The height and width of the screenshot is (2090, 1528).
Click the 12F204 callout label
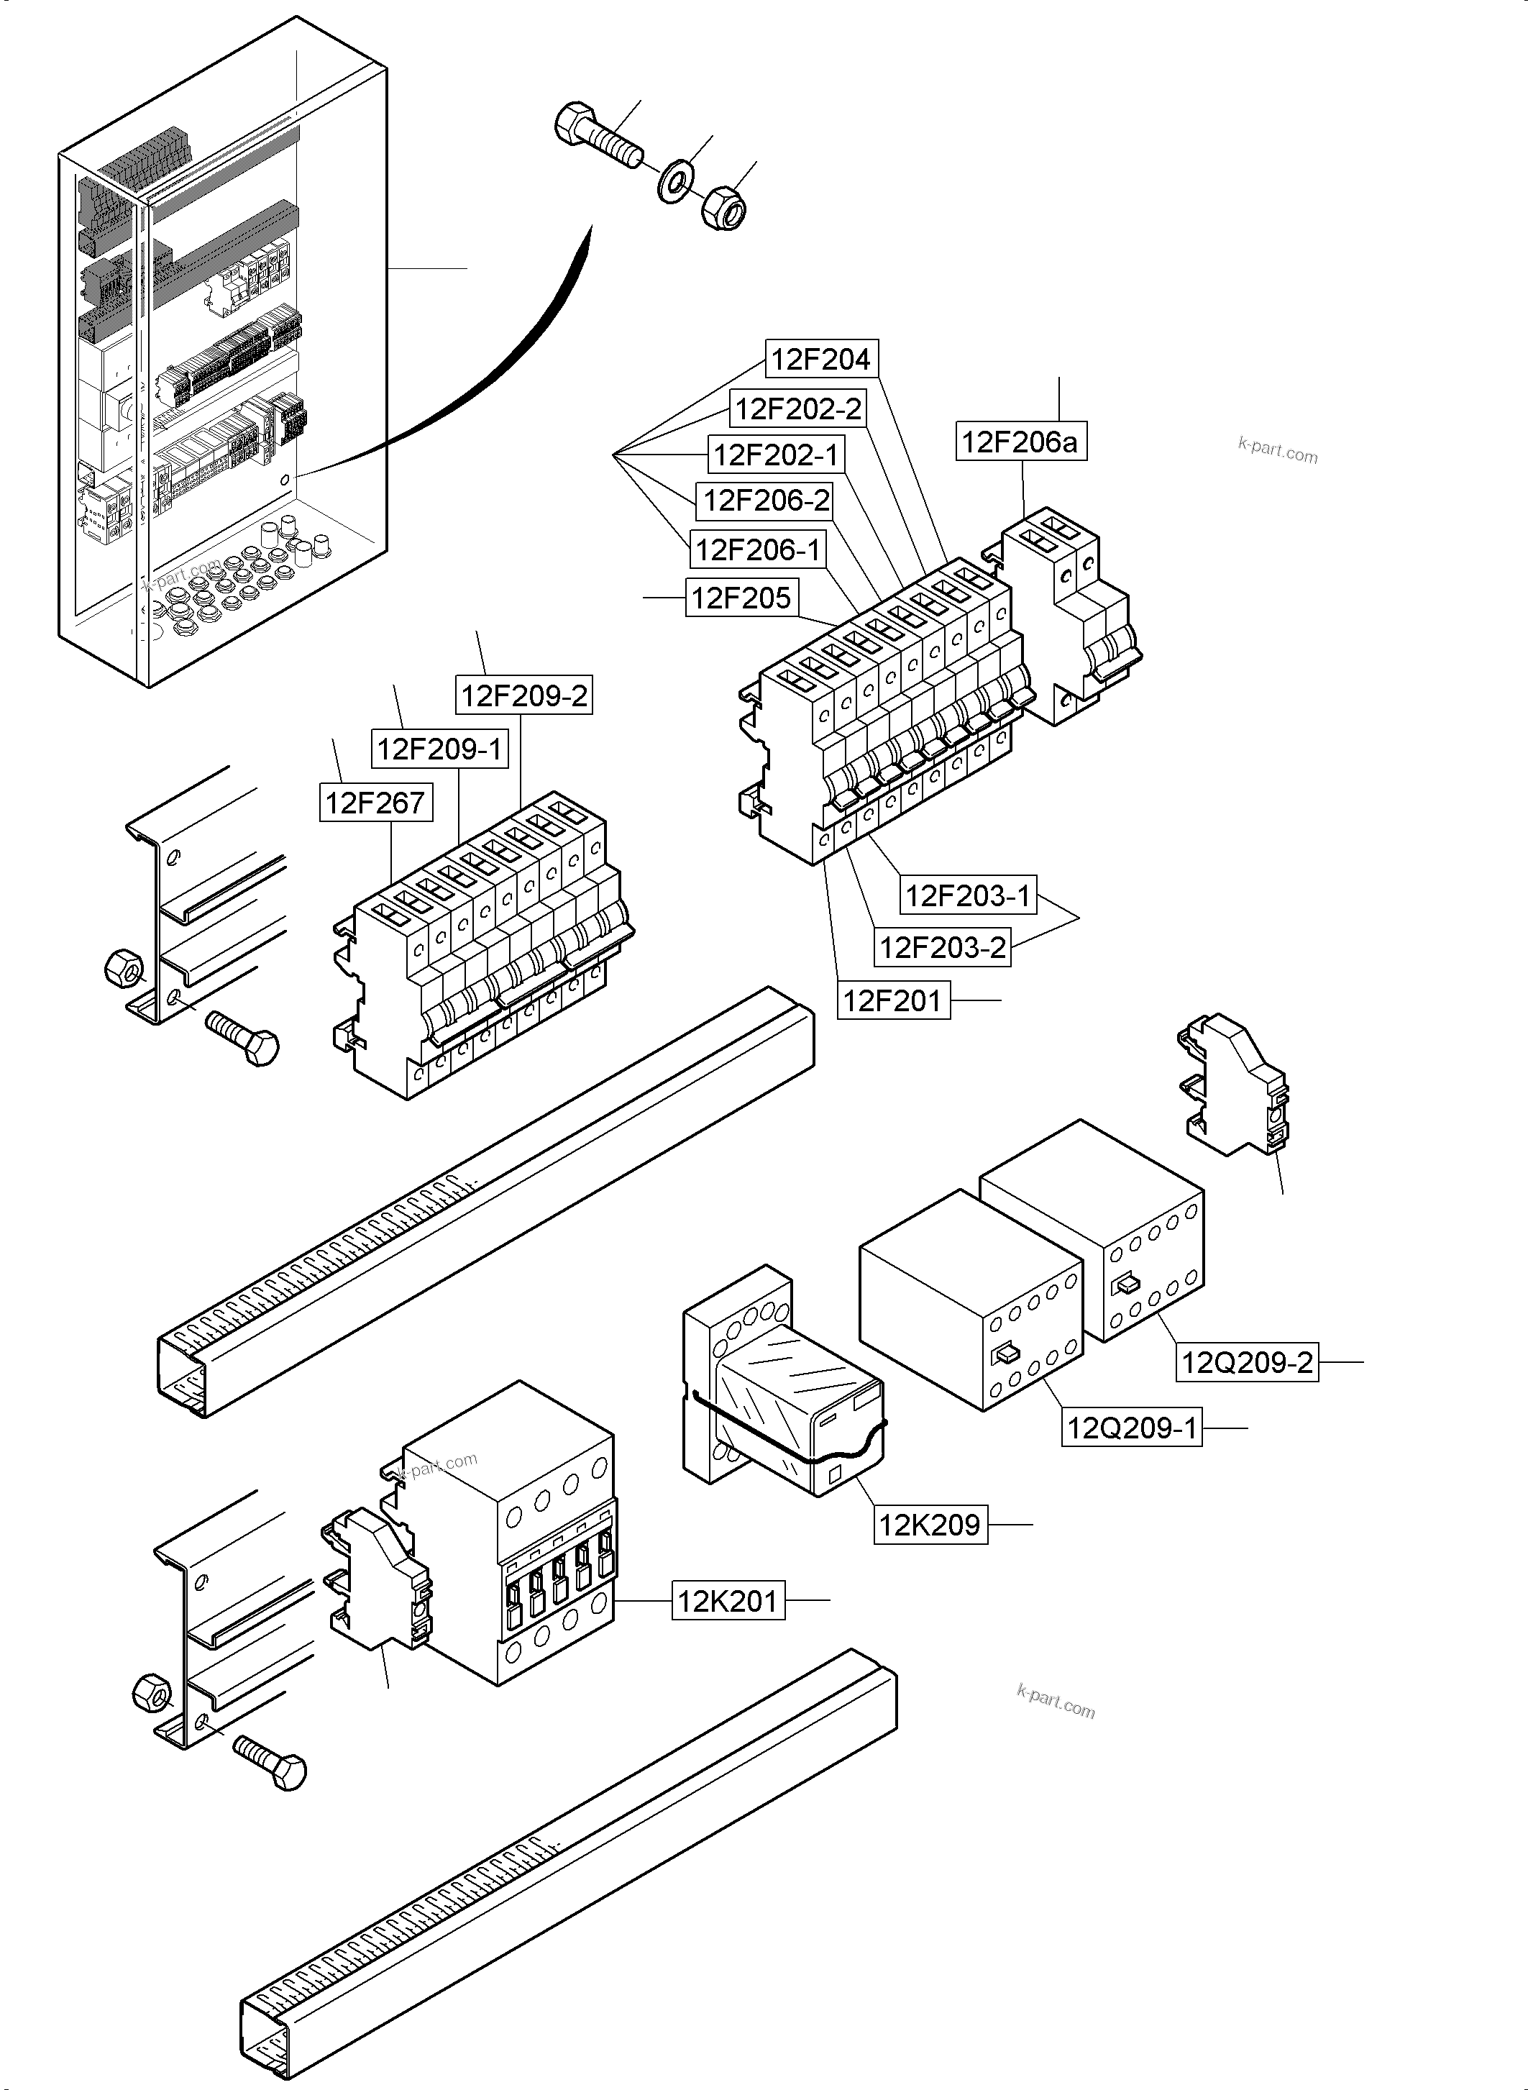coord(820,359)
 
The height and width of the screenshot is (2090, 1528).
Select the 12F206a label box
coord(1020,442)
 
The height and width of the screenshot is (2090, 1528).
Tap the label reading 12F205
coord(741,598)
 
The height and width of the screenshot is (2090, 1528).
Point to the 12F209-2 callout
coord(523,695)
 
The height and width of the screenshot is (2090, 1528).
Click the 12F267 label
coord(375,803)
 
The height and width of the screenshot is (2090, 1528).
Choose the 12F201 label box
coord(892,1001)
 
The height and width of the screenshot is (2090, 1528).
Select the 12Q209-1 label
coord(1131,1428)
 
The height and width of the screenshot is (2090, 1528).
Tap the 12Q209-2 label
coord(1247,1363)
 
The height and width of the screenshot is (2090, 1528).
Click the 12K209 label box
coord(930,1525)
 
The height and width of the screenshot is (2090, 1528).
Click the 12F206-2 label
coord(766,501)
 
